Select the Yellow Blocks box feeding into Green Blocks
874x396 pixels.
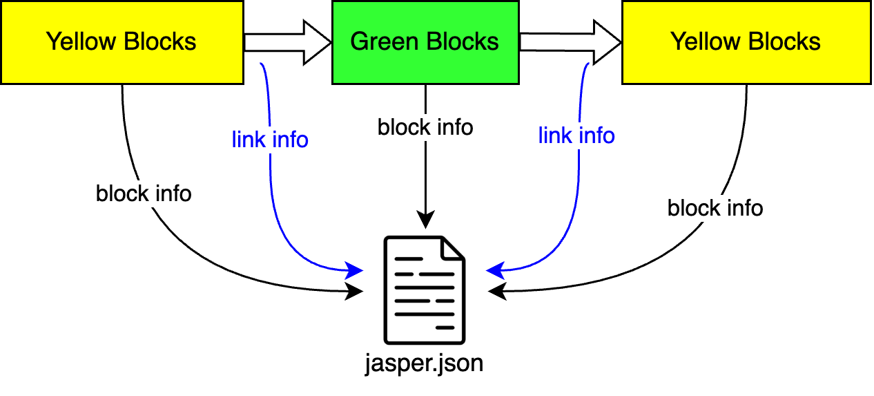coord(122,42)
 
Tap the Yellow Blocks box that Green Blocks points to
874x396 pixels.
coord(746,42)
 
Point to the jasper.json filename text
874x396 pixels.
coord(424,364)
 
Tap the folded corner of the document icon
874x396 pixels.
coord(453,248)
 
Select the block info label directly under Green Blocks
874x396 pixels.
coord(425,127)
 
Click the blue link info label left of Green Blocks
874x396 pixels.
coord(270,140)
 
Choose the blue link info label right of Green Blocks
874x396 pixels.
coord(576,135)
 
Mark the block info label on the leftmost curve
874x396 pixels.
coord(144,194)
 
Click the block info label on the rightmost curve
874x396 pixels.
coord(715,207)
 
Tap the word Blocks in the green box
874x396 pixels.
coord(462,42)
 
